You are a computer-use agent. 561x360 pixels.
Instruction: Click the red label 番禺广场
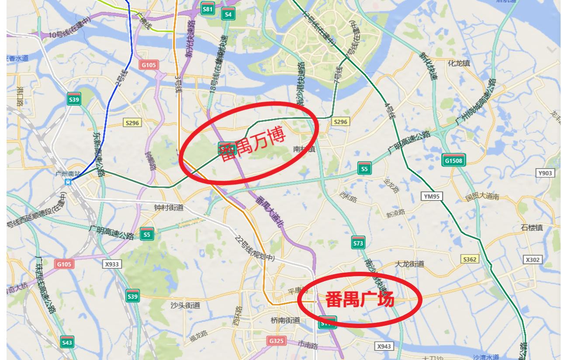(360, 300)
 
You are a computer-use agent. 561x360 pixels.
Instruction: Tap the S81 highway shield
(208, 9)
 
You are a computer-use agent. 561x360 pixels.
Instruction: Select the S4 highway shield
(228, 14)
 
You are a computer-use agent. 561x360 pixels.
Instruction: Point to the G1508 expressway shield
(453, 160)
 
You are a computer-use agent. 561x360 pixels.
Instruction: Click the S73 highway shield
(358, 242)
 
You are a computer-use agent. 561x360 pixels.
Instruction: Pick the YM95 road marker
(431, 196)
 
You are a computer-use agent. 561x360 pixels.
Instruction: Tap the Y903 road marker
(545, 173)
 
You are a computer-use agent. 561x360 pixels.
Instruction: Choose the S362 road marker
(470, 260)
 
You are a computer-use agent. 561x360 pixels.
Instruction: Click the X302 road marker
(533, 260)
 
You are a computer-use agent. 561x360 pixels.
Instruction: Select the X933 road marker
(112, 264)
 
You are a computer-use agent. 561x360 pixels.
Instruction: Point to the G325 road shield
(277, 341)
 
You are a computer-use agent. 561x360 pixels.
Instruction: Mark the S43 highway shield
(67, 343)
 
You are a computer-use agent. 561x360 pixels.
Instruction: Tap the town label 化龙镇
(459, 63)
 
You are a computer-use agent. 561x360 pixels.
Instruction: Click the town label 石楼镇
(532, 228)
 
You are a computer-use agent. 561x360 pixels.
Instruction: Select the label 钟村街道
(169, 208)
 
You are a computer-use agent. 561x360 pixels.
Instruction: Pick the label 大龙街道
(409, 264)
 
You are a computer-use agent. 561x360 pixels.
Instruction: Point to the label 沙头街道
(185, 305)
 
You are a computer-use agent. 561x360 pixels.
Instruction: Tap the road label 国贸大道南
(482, 197)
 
